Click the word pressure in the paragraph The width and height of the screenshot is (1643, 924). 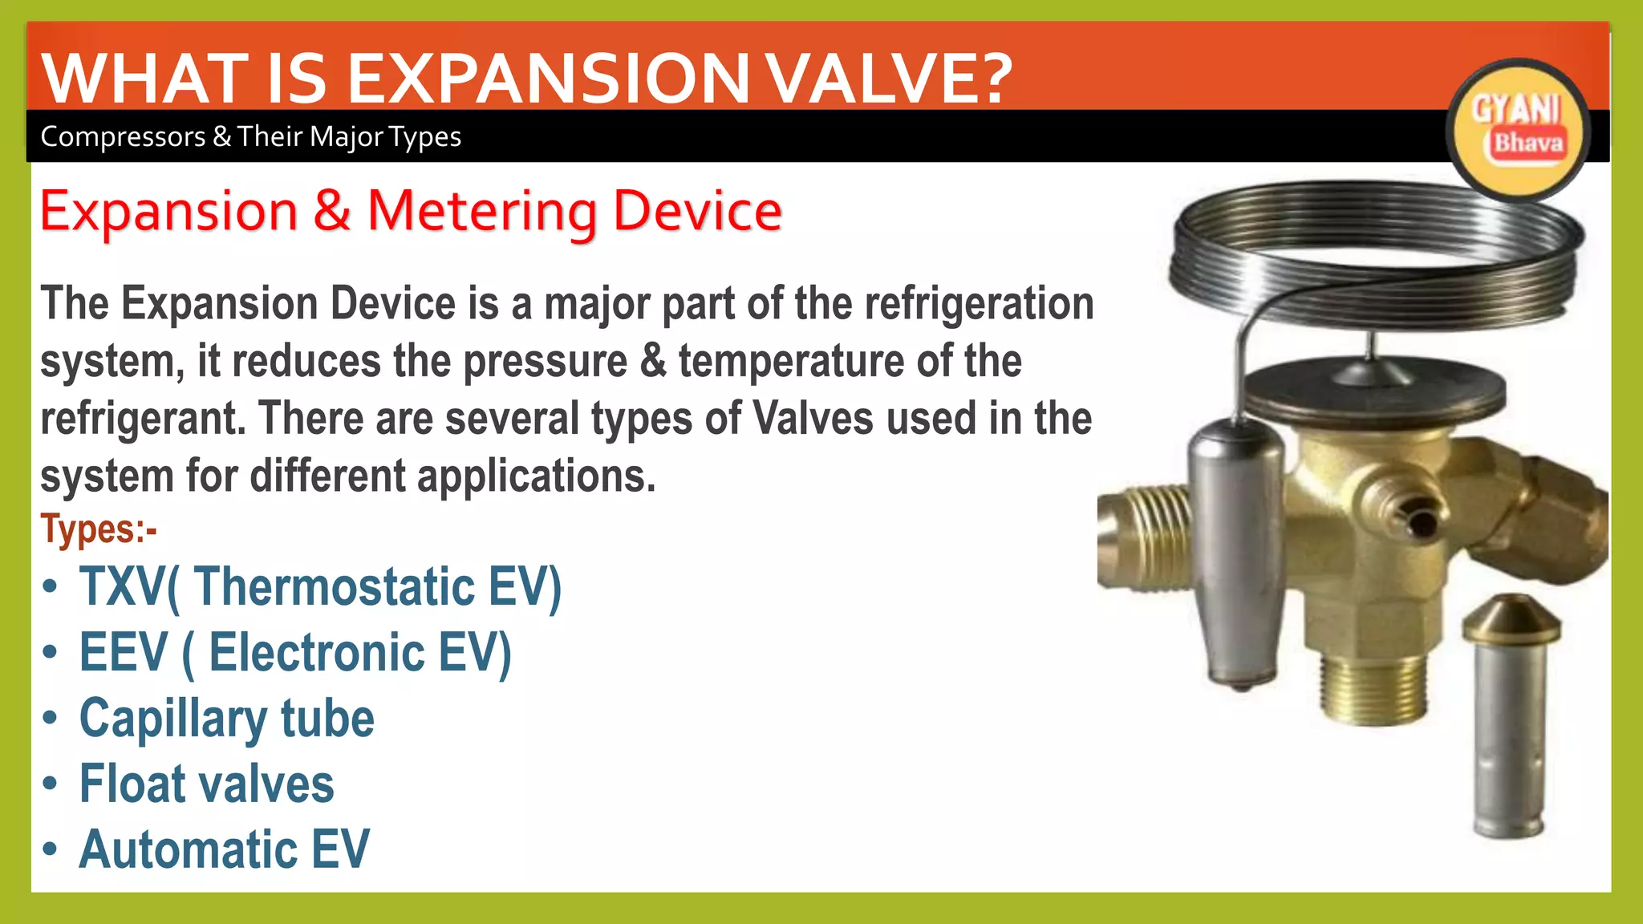(546, 362)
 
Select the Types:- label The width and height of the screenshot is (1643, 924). (98, 529)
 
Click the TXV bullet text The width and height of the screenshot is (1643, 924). (320, 587)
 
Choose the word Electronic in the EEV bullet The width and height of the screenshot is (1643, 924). (317, 652)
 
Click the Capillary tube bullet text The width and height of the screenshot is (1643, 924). (226, 719)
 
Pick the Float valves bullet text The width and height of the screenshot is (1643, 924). (206, 784)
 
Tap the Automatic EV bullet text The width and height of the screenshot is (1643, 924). (224, 849)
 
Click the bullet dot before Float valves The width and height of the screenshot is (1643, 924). (51, 784)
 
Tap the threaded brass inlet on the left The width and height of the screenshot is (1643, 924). (1143, 537)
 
